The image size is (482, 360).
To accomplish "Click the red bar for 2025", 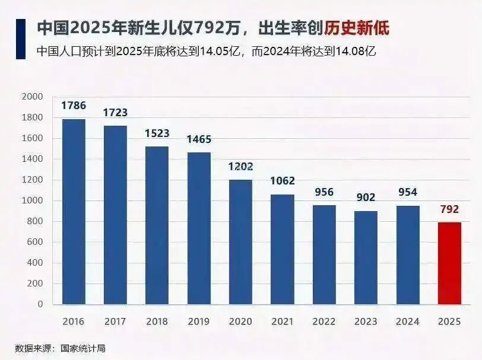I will (x=449, y=263).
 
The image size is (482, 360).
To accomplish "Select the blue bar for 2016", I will (x=74, y=212).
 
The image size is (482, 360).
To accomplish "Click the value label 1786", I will (x=74, y=106).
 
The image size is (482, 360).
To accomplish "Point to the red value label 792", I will (x=449, y=209).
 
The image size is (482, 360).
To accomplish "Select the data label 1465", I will (x=199, y=139).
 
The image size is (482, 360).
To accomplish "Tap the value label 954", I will (x=407, y=192).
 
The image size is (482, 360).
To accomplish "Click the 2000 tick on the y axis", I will (x=33, y=97).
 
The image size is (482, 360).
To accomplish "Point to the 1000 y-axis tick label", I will (x=33, y=200).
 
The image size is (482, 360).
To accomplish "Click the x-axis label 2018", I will (x=157, y=321).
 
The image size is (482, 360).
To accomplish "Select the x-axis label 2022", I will (x=324, y=321).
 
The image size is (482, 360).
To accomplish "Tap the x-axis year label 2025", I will (x=449, y=321).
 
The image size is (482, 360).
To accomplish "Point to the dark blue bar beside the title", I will (x=21, y=39).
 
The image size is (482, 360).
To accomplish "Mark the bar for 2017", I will (x=115, y=215).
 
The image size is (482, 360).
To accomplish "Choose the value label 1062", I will (x=282, y=181).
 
